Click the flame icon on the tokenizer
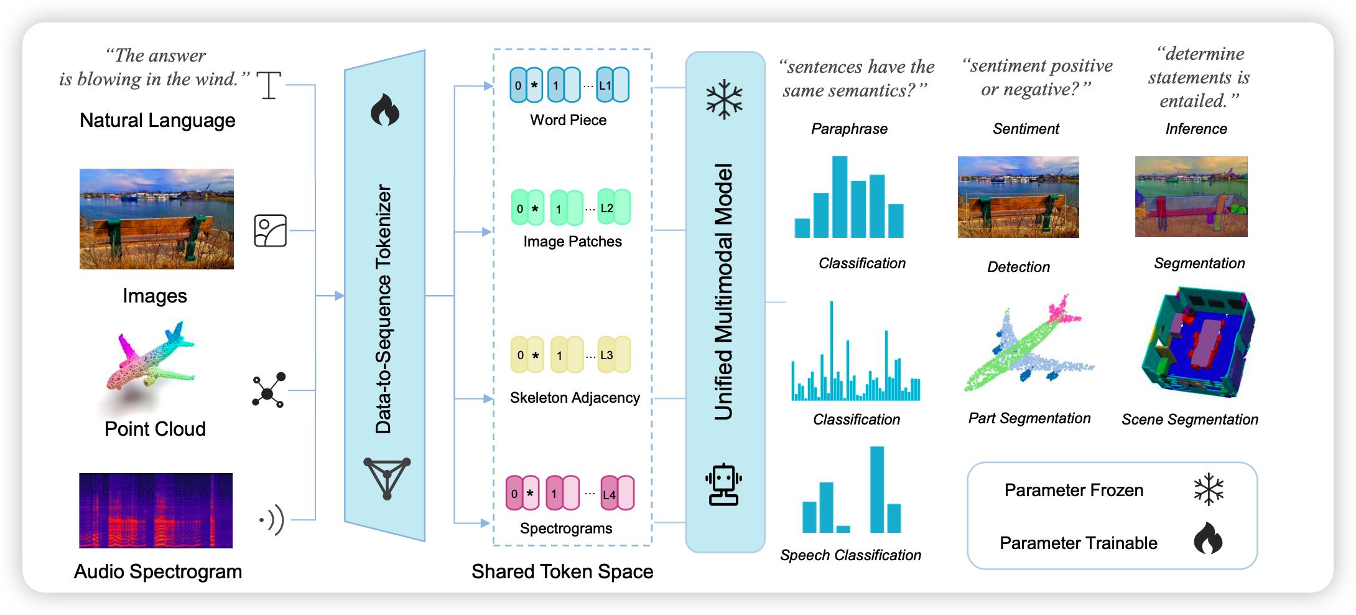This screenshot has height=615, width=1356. click(385, 110)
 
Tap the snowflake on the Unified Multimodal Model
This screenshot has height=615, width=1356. click(724, 100)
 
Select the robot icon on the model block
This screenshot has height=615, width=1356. click(723, 485)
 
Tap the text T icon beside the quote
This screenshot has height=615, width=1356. click(269, 85)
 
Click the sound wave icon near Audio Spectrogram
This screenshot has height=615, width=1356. click(272, 520)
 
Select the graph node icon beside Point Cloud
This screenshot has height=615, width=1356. click(269, 391)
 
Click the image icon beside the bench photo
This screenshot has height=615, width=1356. click(271, 231)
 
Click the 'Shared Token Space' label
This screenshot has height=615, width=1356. click(562, 571)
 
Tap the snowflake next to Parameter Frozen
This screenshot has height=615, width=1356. click(1209, 490)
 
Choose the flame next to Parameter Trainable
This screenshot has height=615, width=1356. click(1208, 538)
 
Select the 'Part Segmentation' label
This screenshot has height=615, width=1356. click(1029, 418)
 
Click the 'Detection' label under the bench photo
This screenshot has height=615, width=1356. click(1018, 267)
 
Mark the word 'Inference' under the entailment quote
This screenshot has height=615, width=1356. click(1196, 129)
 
